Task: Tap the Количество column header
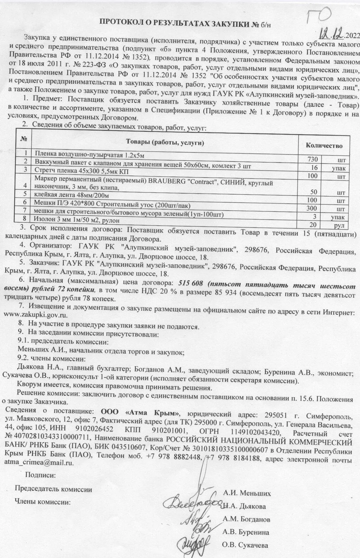pos(324,146)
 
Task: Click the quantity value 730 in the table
pos(312,160)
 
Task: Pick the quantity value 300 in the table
pos(312,209)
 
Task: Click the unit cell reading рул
pos(339,226)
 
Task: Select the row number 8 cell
pos(25,219)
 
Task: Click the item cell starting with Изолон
pos(77,220)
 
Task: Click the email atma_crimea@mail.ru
pos(39,463)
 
